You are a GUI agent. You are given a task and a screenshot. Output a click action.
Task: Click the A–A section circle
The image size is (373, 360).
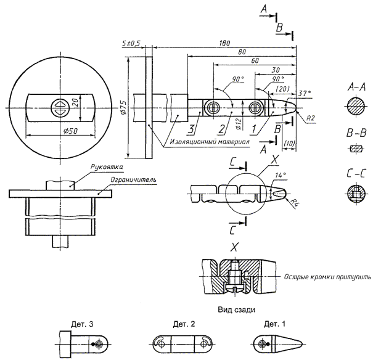point(354,107)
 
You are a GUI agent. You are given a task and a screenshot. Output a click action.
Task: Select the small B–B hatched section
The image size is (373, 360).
point(354,148)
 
